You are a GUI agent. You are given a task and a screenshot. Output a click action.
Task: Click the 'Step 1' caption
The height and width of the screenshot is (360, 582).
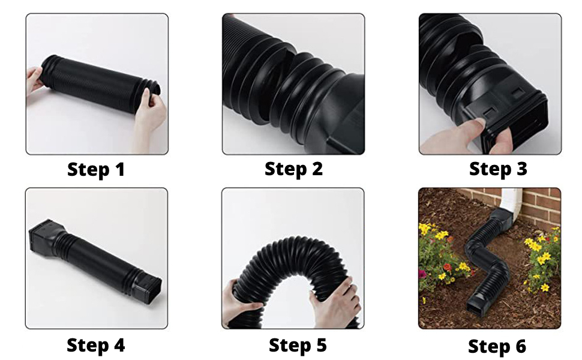(x=96, y=169)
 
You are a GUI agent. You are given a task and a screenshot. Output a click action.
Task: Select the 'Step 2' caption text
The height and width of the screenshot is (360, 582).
(x=293, y=169)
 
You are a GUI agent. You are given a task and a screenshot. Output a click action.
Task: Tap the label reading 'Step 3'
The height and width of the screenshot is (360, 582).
(x=497, y=169)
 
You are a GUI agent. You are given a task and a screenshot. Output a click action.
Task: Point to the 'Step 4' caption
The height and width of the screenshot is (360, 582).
(x=95, y=345)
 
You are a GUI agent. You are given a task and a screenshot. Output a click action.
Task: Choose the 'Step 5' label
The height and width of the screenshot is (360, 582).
(x=298, y=345)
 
